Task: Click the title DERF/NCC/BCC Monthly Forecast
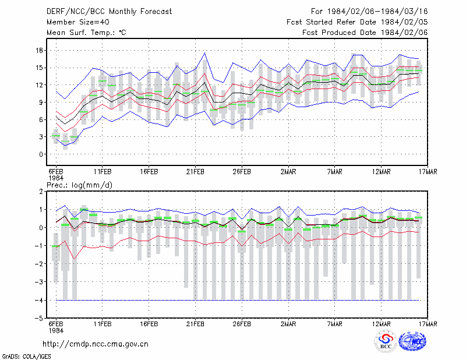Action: point(109,12)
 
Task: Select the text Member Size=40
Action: point(78,22)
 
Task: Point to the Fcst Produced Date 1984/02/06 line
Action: point(365,33)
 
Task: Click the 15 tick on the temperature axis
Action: point(39,68)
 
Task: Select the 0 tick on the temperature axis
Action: point(41,154)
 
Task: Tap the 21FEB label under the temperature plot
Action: point(195,172)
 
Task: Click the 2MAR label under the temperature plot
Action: point(288,172)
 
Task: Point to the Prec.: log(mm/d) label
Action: point(80,185)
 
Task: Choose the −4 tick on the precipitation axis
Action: point(38,300)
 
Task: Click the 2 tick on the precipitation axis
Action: point(41,192)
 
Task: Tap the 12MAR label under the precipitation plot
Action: point(382,324)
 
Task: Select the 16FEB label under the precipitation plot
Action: point(149,324)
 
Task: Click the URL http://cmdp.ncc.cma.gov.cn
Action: point(96,344)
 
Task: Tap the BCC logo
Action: point(386,341)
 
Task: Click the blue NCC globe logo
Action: point(412,341)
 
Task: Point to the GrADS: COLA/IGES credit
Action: point(26,357)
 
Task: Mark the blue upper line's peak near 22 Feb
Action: point(204,53)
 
